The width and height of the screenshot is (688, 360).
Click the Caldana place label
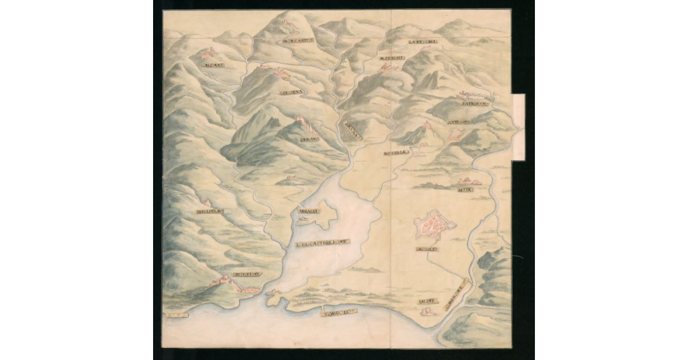[x=213, y=65]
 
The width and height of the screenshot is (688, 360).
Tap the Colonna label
[x=292, y=92]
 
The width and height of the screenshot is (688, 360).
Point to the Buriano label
[x=308, y=139]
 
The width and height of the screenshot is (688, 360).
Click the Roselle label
[x=396, y=153]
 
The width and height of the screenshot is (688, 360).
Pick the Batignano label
[x=474, y=104]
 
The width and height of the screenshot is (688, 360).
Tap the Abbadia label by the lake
[x=308, y=211]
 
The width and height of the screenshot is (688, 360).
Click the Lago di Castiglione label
[x=322, y=244]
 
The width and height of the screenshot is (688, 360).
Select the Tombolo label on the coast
[x=339, y=312]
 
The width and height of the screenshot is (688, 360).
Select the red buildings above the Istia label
[x=464, y=182]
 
